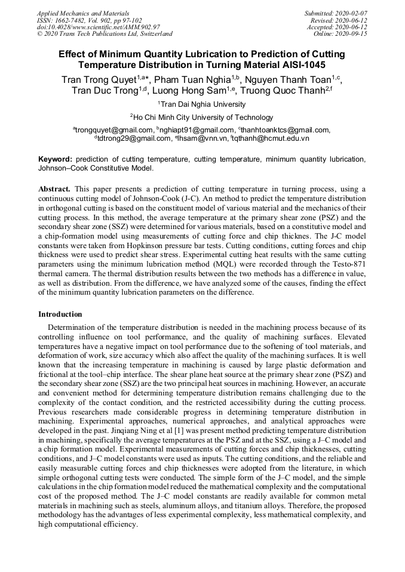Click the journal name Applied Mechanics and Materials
83,13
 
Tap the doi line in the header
98,27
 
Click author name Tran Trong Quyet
99,79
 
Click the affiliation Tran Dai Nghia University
203,104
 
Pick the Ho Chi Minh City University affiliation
203,118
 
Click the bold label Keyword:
56,159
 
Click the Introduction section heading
60,314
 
